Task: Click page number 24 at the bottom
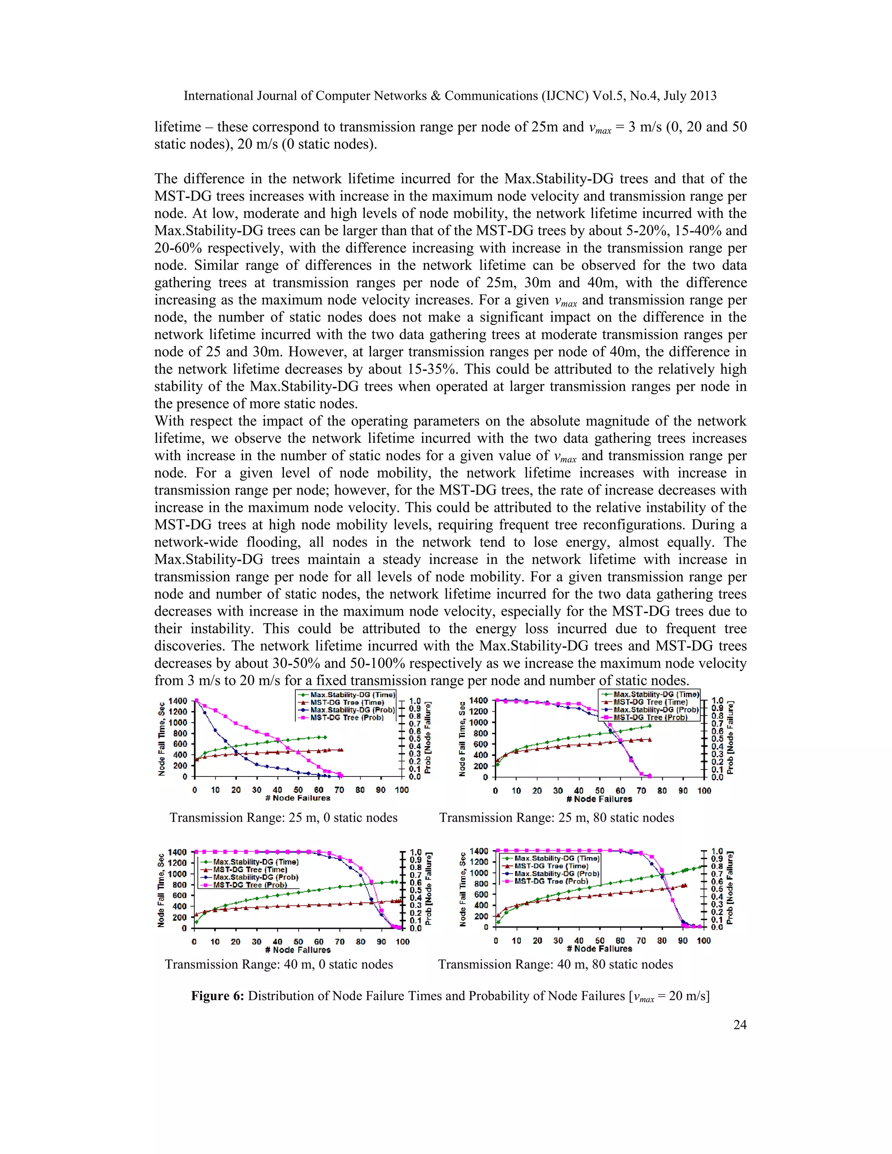pyautogui.click(x=740, y=1025)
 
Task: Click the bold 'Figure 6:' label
pyautogui.click(x=218, y=995)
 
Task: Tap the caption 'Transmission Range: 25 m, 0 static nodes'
pyautogui.click(x=283, y=817)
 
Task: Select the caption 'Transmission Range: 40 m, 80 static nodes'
pyautogui.click(x=555, y=964)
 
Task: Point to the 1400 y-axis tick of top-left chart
pyautogui.click(x=178, y=701)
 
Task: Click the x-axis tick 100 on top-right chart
pyautogui.click(x=704, y=791)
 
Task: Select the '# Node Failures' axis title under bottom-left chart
pyautogui.click(x=297, y=949)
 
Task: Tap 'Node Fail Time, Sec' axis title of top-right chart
pyautogui.click(x=463, y=739)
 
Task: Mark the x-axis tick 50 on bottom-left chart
pyautogui.click(x=298, y=941)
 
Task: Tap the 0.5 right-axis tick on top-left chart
pyautogui.click(x=415, y=739)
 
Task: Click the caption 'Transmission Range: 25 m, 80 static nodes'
pyautogui.click(x=557, y=817)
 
